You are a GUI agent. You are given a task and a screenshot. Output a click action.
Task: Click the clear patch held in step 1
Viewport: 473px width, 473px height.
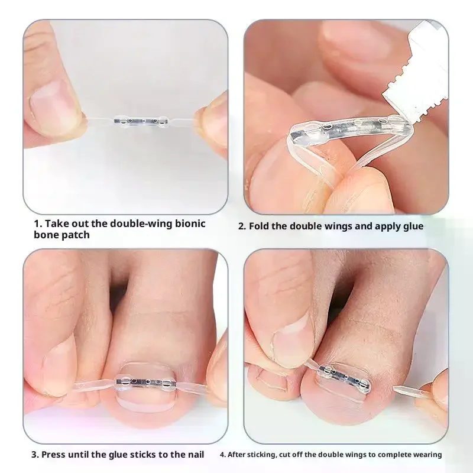140,121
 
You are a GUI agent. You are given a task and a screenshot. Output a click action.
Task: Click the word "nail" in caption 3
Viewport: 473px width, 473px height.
192,455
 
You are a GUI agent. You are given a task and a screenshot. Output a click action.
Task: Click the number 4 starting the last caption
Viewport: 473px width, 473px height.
222,455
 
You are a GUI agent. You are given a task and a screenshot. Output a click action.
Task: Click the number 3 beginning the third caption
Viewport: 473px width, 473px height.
34,455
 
